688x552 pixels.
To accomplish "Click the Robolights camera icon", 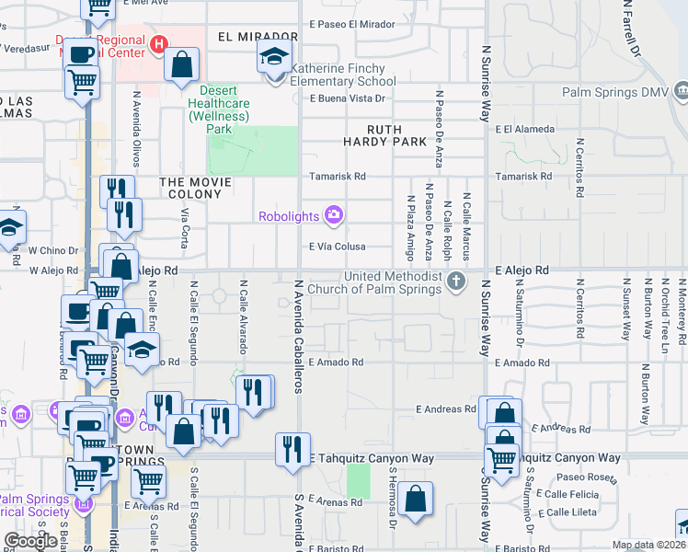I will click(332, 215).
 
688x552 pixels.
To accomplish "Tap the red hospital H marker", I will click(158, 43).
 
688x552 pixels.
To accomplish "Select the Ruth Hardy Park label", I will click(384, 135).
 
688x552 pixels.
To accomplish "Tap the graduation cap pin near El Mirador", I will click(273, 57).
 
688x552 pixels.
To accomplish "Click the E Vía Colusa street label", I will click(337, 247).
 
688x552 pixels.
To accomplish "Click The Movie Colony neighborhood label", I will click(201, 182).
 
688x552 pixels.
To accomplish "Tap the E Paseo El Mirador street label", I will click(352, 23).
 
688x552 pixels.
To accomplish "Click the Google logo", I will click(31, 541).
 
